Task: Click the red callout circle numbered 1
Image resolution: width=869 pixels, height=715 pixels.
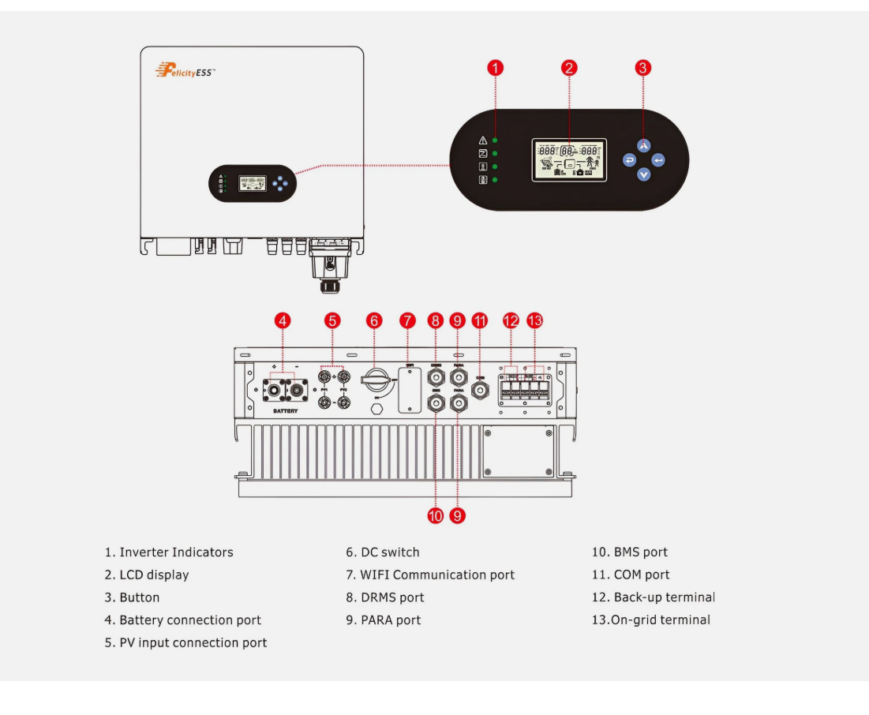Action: coord(495,68)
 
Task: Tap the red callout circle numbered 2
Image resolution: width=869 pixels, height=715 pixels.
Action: coord(569,68)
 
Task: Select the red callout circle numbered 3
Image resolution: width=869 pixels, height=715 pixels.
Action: coord(643,68)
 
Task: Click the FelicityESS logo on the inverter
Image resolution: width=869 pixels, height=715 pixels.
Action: coord(185,72)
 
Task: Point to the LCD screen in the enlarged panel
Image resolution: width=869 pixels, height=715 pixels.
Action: coord(569,160)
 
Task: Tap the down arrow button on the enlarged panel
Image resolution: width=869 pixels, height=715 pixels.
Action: coord(644,174)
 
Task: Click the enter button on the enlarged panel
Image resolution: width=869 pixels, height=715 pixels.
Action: coord(658,160)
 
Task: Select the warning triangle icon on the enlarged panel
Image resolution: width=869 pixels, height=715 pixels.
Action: coord(483,140)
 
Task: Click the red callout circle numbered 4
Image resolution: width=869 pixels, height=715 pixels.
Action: coord(283,320)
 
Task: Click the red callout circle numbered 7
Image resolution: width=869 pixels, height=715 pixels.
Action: coord(407,320)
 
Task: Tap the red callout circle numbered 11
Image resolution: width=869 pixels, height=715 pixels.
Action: coord(480,320)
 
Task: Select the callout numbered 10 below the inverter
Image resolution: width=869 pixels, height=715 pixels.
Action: coord(436,515)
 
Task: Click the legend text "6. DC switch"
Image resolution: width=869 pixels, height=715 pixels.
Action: coord(383,552)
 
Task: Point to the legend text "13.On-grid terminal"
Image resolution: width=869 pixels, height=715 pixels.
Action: coord(651,620)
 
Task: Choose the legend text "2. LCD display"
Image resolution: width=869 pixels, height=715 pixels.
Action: coord(147,575)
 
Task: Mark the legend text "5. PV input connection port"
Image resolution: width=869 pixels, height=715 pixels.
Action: coord(185,642)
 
